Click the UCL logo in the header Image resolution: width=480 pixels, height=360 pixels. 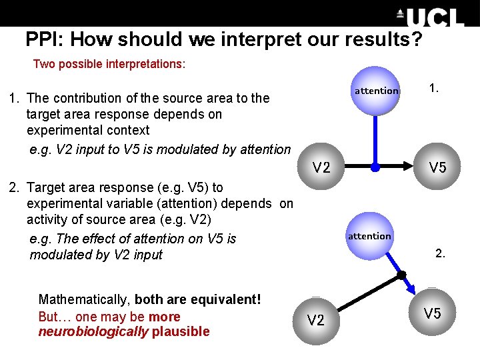pos(430,17)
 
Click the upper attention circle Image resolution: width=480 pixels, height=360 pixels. pos(376,90)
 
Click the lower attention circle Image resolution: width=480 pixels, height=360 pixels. pos(369,235)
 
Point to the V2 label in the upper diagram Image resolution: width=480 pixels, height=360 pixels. pos(321,167)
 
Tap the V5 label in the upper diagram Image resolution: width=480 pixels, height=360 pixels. pos(437,167)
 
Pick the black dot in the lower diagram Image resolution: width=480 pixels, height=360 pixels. pos(401,275)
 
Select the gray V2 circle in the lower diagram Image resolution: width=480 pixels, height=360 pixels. pos(315,320)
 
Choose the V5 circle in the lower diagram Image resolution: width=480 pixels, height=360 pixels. pos(432,313)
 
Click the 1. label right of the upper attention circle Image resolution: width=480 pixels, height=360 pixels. pos(434,87)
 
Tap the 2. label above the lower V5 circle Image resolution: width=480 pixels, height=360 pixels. pos(440,253)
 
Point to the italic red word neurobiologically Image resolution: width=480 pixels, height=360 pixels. pos(93,332)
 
